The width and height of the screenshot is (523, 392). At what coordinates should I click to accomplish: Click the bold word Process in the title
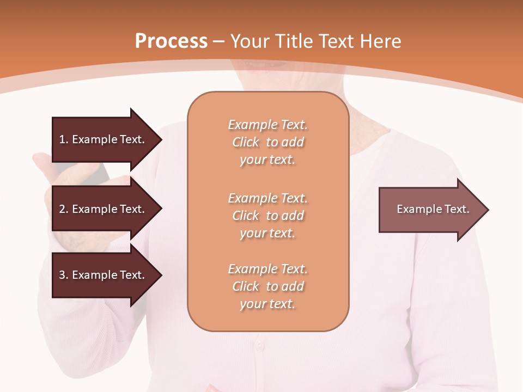tap(171, 41)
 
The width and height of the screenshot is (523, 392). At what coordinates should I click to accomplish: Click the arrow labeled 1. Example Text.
tap(104, 139)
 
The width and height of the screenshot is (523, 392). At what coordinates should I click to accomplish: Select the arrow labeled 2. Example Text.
tap(104, 209)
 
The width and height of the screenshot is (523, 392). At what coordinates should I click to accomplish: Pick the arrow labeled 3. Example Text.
tap(104, 275)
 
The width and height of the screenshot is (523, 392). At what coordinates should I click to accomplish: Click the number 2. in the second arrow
tap(63, 209)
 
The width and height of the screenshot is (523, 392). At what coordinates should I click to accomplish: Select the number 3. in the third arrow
tap(63, 275)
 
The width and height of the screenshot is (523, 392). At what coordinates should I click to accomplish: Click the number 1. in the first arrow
tap(63, 139)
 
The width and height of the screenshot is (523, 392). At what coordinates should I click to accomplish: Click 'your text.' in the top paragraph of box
tap(267, 160)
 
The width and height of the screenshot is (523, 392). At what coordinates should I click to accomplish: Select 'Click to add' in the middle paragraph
tap(267, 216)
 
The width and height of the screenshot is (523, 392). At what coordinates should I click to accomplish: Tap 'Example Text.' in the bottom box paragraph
tap(267, 269)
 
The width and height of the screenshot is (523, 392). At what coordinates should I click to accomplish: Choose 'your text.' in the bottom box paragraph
tap(267, 304)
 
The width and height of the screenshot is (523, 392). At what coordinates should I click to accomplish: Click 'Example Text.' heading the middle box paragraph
tap(267, 198)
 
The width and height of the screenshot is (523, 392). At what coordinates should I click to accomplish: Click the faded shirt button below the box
tap(260, 346)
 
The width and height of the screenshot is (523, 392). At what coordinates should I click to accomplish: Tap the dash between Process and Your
tap(220, 41)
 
